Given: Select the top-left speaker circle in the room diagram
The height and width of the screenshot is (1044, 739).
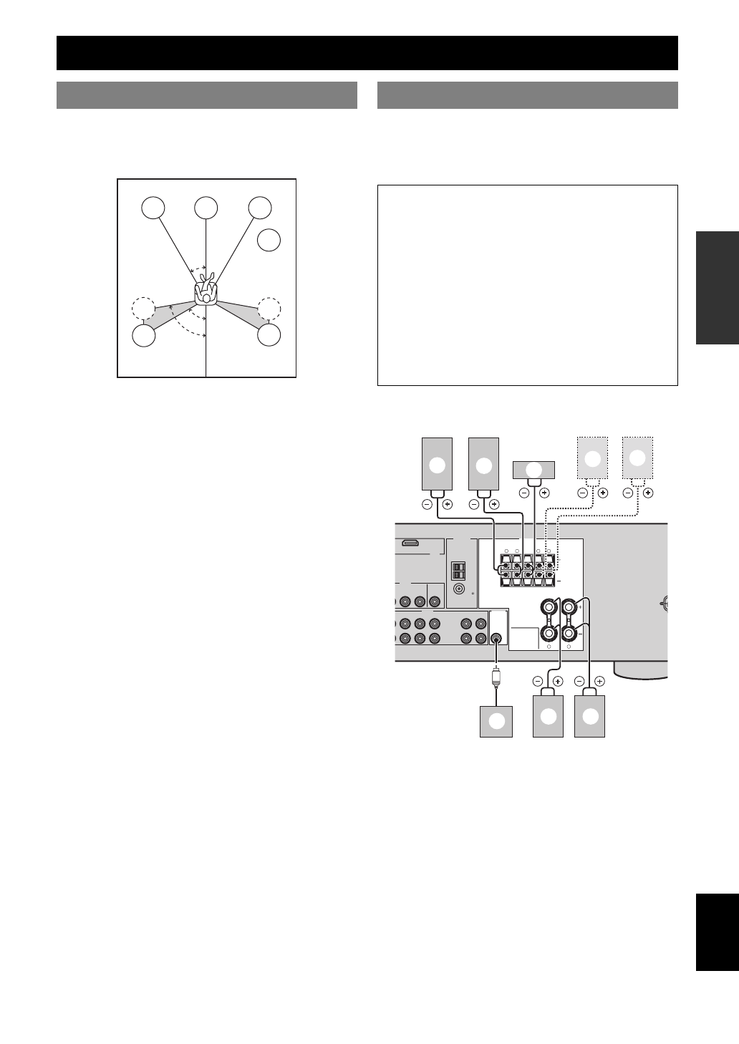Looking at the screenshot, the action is click(153, 208).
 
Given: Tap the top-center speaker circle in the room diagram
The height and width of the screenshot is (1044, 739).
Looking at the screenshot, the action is click(206, 208).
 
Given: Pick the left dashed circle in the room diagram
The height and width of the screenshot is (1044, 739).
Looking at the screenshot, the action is click(143, 309).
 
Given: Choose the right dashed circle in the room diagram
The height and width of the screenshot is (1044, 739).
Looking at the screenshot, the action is click(269, 309).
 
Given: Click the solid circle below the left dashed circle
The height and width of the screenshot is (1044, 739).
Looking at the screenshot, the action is click(145, 335).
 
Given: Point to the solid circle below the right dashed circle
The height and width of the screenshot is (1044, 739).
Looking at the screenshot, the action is click(269, 334).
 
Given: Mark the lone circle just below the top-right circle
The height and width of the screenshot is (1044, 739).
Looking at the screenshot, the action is click(269, 241).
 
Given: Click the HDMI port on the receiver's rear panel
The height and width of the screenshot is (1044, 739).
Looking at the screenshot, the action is click(410, 543).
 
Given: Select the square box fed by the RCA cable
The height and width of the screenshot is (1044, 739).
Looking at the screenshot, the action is click(496, 721).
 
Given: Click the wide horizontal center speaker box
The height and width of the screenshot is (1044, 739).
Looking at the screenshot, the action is click(533, 469).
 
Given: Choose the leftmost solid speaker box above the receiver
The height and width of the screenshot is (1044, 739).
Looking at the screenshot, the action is click(437, 464).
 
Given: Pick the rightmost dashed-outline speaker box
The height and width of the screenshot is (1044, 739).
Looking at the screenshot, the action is click(637, 458).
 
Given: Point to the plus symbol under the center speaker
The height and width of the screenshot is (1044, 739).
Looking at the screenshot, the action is click(544, 493).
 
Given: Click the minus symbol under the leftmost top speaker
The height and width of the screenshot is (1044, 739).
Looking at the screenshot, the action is click(427, 504).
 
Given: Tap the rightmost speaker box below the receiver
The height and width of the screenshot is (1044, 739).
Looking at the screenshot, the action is click(590, 716).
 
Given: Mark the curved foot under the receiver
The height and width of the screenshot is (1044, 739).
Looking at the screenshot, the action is click(641, 672).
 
